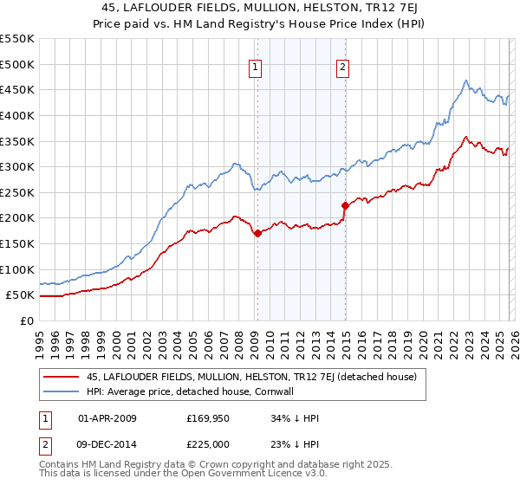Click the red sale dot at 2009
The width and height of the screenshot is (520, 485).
pos(257,233)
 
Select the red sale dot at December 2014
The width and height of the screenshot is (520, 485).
pos(345,205)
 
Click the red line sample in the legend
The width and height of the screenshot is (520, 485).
pos(62,377)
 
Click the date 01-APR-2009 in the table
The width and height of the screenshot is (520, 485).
pos(107,418)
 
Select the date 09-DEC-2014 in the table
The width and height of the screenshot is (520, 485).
pos(107,444)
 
